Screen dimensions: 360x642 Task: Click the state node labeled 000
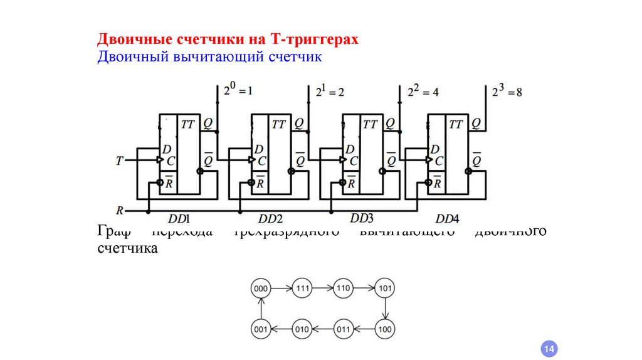260,289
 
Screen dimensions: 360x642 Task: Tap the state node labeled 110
343,289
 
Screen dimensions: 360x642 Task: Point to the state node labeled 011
343,328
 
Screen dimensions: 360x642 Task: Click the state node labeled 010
302,328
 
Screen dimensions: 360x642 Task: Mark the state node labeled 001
260,328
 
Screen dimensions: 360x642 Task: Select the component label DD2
271,219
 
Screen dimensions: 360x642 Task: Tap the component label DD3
362,218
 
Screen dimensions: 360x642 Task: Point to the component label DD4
448,219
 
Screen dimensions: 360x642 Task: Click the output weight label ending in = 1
238,90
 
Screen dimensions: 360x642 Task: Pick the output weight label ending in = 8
507,91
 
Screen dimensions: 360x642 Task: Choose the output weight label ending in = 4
423,91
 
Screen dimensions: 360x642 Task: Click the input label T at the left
119,161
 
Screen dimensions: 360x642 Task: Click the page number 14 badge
549,349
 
